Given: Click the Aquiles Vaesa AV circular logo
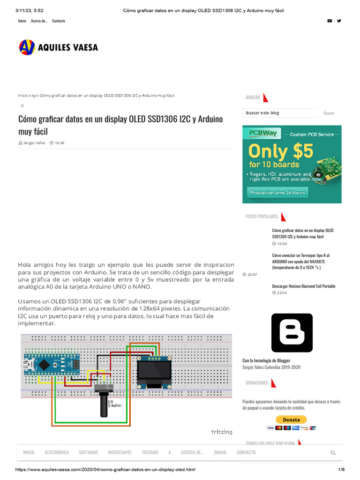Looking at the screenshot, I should [x=27, y=47].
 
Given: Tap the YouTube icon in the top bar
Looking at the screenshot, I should [x=330, y=21].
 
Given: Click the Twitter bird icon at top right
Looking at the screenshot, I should [x=339, y=21].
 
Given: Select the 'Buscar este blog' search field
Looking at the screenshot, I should [x=280, y=113].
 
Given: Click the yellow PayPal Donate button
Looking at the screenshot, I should [x=291, y=420].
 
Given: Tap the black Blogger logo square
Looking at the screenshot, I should [x=292, y=333].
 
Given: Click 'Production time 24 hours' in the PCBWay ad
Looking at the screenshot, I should [x=277, y=193].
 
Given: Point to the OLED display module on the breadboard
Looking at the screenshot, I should [x=154, y=372].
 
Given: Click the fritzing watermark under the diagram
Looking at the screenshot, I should [x=222, y=432].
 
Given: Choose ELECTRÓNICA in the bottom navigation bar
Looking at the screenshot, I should [x=57, y=452].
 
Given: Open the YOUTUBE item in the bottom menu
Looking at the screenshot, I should [x=150, y=452].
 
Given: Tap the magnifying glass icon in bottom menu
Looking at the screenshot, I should [x=333, y=453].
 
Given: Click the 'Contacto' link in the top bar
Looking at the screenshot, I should [x=59, y=21].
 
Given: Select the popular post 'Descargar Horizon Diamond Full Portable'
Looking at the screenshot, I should [x=303, y=286].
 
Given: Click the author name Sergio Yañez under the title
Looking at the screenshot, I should [x=34, y=142].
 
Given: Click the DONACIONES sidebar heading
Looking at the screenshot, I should [x=257, y=382].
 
